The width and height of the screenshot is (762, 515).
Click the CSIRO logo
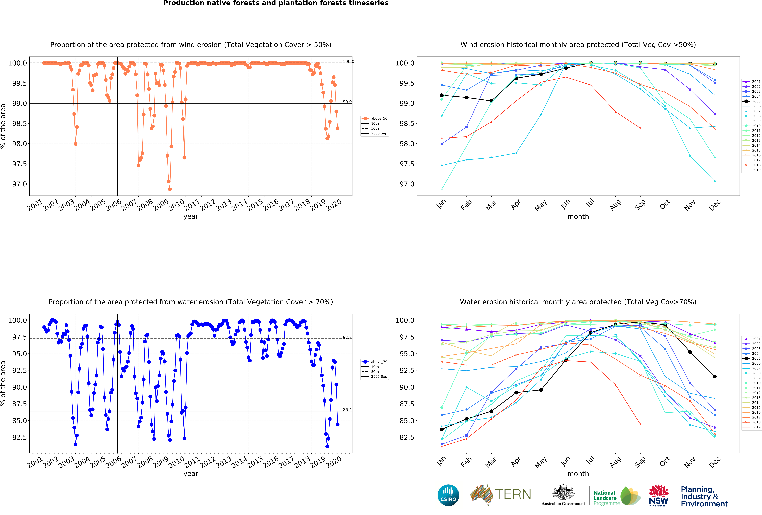coord(448,495)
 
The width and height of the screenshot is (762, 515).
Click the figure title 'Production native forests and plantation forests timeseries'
coord(276,3)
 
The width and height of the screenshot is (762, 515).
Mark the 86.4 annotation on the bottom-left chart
coord(347,410)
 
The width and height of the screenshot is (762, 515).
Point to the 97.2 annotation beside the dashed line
coord(347,338)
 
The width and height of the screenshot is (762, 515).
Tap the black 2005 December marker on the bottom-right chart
coord(715,377)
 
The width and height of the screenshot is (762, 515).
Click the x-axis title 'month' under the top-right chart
coord(578,217)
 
